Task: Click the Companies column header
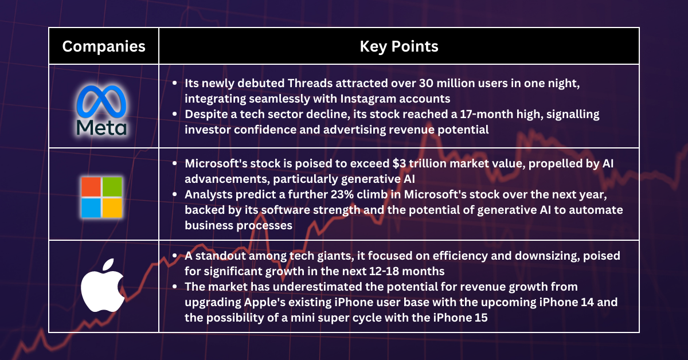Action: pyautogui.click(x=104, y=46)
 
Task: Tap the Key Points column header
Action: pyautogui.click(x=399, y=46)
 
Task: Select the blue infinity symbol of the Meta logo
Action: pyautogui.click(x=101, y=101)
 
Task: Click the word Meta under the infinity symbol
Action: pyautogui.click(x=101, y=127)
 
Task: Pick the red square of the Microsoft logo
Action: pyautogui.click(x=91, y=186)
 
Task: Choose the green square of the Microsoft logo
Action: pyautogui.click(x=112, y=186)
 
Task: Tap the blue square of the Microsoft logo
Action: pyautogui.click(x=91, y=208)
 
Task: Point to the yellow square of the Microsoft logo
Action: pyautogui.click(x=112, y=208)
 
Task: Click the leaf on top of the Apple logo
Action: pyautogui.click(x=108, y=264)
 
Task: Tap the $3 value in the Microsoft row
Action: pyautogui.click(x=399, y=163)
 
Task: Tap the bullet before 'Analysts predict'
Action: pyautogui.click(x=175, y=194)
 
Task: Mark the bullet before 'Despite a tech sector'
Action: pyautogui.click(x=175, y=114)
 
